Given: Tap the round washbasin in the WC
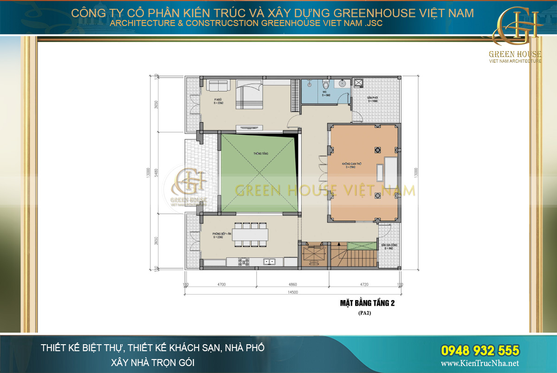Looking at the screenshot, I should (x=342, y=84).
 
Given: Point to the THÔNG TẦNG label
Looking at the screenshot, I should (x=259, y=153).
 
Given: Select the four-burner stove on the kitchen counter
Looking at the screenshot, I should (x=244, y=262).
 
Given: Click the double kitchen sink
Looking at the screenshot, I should (x=269, y=262).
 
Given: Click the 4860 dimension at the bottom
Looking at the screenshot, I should (x=293, y=284).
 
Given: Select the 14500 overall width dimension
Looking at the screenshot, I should (x=292, y=292).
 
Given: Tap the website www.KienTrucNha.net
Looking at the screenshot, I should (x=480, y=364).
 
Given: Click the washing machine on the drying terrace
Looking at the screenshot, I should (x=359, y=83).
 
